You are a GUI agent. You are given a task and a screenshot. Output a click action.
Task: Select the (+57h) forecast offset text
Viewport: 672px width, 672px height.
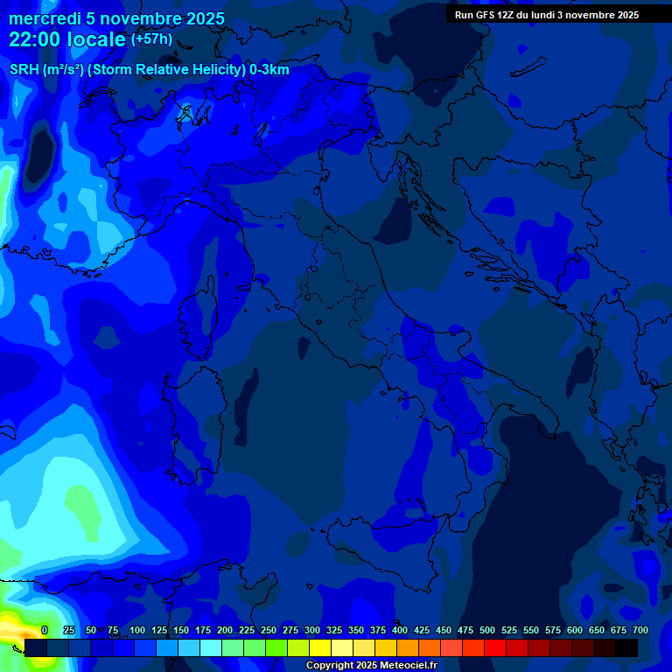151,39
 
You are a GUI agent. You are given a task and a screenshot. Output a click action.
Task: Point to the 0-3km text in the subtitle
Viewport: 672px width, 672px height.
269,70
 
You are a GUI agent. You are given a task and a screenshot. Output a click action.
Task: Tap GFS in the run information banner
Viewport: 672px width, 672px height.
486,15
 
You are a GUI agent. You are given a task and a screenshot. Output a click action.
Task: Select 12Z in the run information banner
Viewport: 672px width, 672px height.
508,15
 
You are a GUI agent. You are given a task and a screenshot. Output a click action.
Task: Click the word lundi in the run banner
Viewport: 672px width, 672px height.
549,15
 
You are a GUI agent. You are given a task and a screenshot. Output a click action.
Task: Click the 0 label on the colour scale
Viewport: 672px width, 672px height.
45,631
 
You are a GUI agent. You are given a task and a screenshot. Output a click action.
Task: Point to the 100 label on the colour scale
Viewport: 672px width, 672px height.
136,631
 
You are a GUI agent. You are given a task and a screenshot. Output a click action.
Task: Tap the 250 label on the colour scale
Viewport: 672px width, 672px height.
268,631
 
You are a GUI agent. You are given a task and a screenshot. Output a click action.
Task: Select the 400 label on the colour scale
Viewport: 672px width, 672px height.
400,631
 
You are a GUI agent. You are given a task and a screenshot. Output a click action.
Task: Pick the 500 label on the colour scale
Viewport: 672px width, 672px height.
487,631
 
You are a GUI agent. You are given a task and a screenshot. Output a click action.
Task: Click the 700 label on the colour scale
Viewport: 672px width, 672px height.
640,631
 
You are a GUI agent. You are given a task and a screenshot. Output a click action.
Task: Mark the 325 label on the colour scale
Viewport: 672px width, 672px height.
333,631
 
